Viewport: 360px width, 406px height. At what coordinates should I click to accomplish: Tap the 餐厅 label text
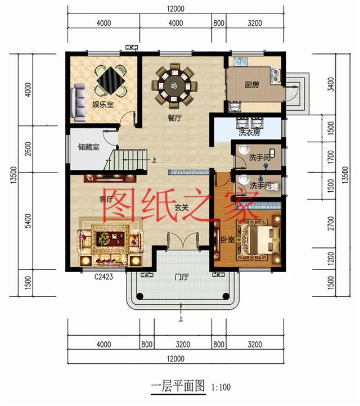point(174,119)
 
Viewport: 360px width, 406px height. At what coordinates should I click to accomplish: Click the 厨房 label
point(251,85)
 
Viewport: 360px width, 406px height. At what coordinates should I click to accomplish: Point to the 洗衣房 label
point(249,133)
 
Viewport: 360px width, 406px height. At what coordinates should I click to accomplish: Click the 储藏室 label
point(89,147)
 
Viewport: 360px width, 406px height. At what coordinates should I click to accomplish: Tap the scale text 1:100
point(221,387)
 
